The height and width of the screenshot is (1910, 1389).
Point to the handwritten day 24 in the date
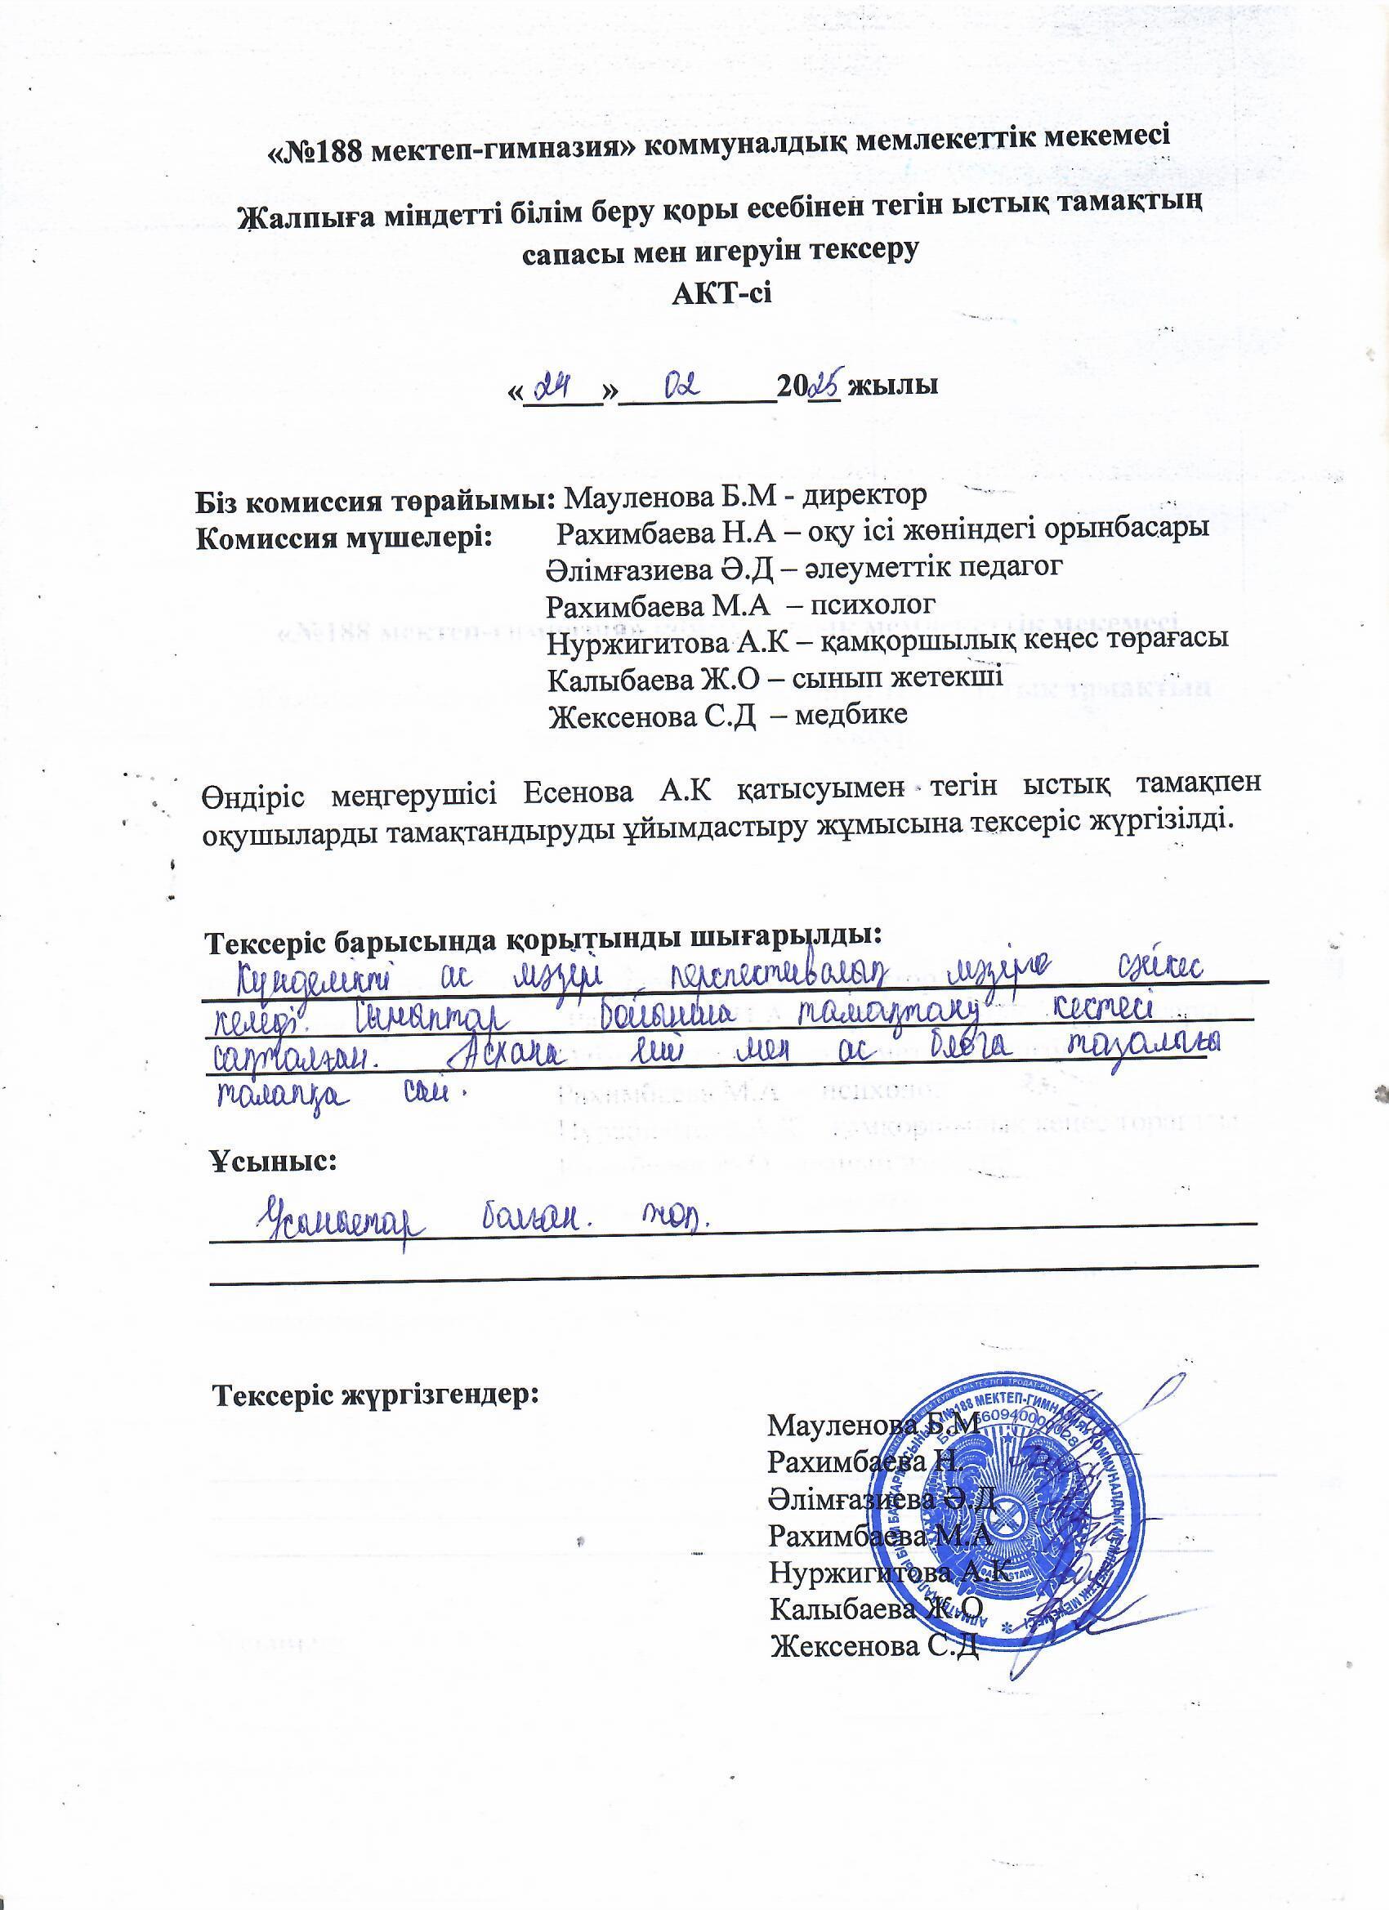[x=561, y=388]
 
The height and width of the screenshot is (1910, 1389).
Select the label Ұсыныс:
[x=273, y=1163]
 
